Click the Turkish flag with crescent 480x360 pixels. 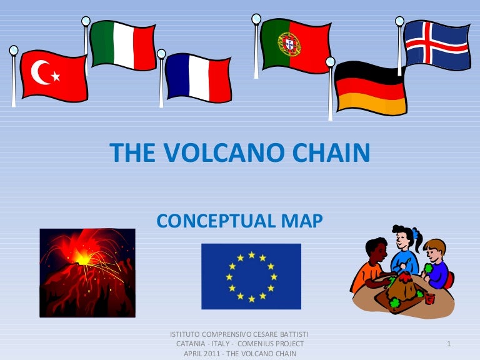(x=54, y=76)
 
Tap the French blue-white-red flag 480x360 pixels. (x=198, y=77)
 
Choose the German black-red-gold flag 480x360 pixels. (x=371, y=88)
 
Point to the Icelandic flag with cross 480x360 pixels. (x=436, y=44)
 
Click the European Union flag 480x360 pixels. (x=251, y=276)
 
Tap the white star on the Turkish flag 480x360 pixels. (x=56, y=76)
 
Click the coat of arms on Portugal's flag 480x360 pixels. (x=289, y=44)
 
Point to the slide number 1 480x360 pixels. (x=449, y=344)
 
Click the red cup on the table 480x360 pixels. (x=429, y=299)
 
